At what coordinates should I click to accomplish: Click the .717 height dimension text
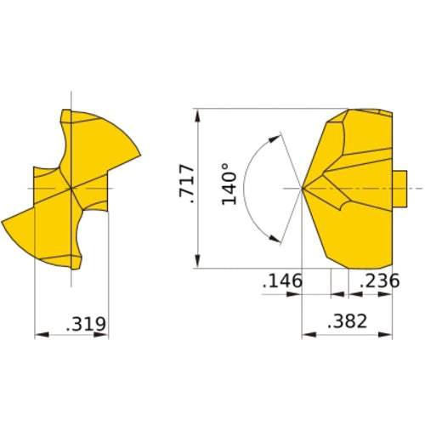[x=188, y=184]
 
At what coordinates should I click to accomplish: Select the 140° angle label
[x=229, y=184]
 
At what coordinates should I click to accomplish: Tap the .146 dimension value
[x=282, y=281]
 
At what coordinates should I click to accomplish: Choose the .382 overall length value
[x=347, y=320]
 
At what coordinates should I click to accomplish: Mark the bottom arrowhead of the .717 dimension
[x=196, y=263]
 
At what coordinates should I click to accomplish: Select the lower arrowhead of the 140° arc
[x=275, y=240]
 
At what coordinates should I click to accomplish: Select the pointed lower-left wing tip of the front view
[x=4, y=221]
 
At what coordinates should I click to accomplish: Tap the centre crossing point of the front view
[x=71, y=188]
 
